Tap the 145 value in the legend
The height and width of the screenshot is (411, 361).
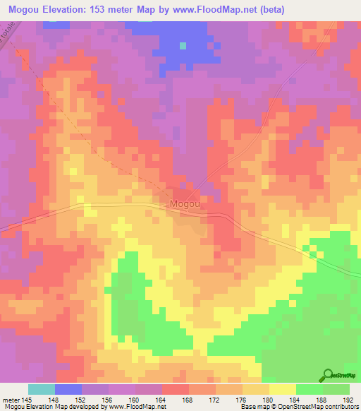click(x=27, y=399)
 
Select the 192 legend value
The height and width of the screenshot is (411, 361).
click(x=348, y=399)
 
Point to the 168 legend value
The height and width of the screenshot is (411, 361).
click(x=187, y=399)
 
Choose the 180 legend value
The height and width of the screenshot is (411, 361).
click(x=267, y=399)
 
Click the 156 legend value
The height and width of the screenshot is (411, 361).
click(x=106, y=399)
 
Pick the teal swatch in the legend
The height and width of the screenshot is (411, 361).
click(x=42, y=389)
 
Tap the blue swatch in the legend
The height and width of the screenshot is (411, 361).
click(x=68, y=389)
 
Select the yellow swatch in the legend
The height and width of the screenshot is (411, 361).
click(x=283, y=389)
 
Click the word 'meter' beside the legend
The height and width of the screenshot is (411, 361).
click(x=10, y=399)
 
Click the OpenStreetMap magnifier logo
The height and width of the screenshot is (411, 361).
click(x=329, y=375)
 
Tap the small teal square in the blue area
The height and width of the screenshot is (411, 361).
click(x=183, y=46)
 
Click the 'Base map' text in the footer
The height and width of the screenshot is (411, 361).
click(x=257, y=407)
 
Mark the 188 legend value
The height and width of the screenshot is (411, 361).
click(x=321, y=399)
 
